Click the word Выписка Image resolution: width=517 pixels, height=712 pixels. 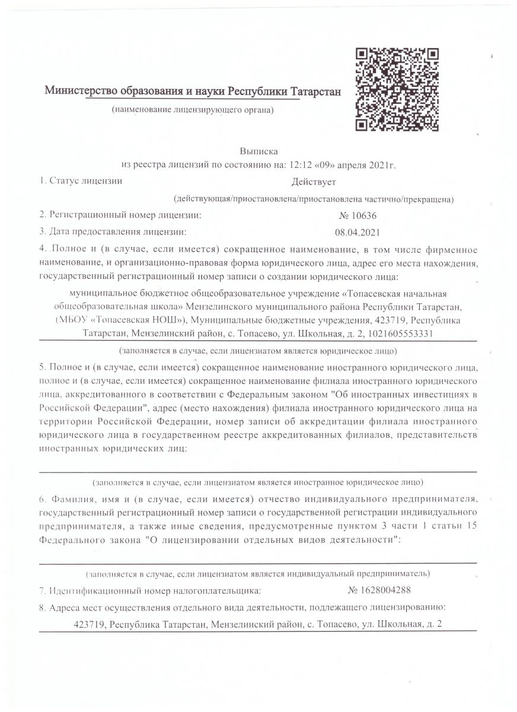[258, 151]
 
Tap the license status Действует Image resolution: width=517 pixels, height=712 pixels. [314, 182]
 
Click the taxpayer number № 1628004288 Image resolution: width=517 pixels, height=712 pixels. [379, 590]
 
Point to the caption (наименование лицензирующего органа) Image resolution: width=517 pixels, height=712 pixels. [193, 110]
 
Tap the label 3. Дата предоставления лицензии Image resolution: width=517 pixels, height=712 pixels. [113, 231]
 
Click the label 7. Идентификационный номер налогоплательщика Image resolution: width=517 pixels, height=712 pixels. [149, 591]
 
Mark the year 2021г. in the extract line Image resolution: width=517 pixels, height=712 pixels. [383, 164]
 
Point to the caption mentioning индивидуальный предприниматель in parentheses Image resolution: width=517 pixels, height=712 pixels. [258, 574]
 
